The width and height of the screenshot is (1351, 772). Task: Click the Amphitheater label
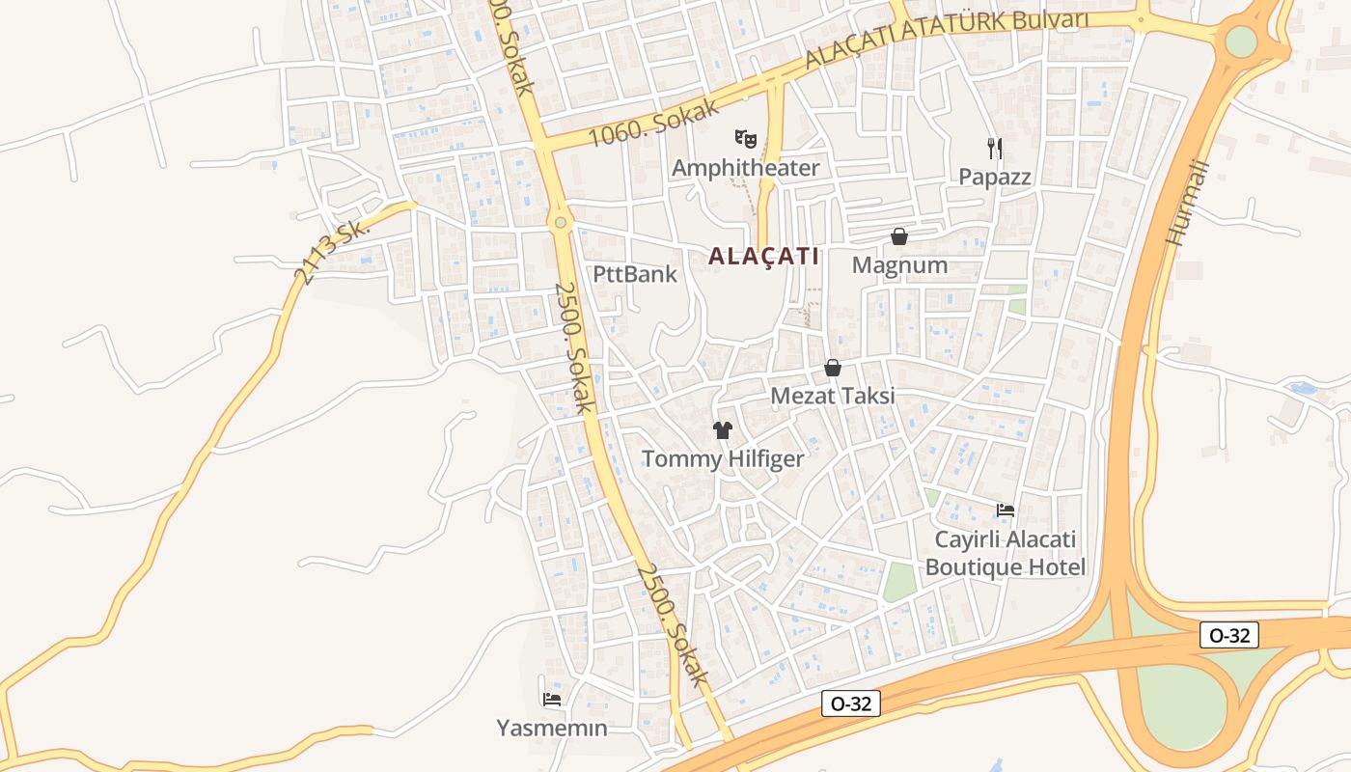point(745,168)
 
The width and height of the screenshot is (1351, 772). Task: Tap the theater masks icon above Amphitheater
point(745,139)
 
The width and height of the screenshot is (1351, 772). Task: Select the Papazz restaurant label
point(995,178)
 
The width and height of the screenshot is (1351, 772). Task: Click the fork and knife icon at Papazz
point(995,148)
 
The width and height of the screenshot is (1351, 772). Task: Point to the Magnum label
point(900,265)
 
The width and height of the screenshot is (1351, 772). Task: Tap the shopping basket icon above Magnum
point(899,236)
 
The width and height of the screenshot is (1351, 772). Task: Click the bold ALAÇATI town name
point(763,257)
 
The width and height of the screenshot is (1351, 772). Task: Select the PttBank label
point(635,274)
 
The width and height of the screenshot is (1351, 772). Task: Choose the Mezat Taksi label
point(833,396)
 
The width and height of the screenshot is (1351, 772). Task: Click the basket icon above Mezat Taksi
point(833,368)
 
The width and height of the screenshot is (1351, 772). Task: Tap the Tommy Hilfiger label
point(723,458)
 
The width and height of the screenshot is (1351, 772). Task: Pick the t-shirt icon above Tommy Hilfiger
point(723,430)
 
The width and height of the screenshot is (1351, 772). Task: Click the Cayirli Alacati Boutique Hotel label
point(1006,553)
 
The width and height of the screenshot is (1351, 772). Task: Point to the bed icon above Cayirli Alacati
point(1006,510)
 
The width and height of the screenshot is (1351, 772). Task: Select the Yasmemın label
point(552,728)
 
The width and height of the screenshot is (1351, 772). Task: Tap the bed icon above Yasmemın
point(552,699)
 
